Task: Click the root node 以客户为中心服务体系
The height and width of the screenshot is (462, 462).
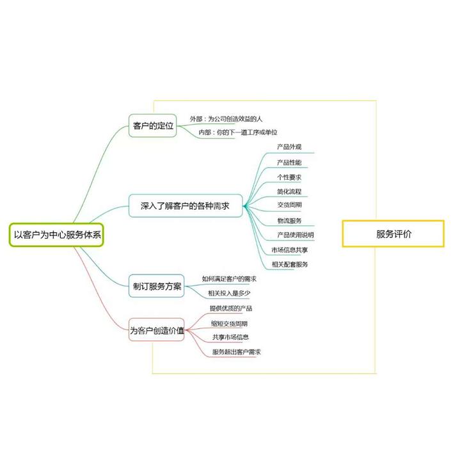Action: click(58, 235)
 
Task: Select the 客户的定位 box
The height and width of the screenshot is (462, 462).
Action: click(153, 125)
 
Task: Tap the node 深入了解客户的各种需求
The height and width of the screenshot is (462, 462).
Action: click(185, 206)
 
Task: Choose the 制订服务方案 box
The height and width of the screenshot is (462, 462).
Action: click(156, 286)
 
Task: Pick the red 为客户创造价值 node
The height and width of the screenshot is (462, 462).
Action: click(157, 330)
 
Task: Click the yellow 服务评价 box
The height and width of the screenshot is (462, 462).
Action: click(393, 234)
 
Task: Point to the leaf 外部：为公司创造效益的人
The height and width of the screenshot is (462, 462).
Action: click(226, 119)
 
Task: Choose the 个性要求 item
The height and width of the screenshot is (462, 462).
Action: click(289, 177)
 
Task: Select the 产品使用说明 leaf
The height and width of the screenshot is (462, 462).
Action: click(295, 235)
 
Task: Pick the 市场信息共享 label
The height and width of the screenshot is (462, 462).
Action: click(289, 250)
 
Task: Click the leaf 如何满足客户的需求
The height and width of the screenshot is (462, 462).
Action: click(229, 279)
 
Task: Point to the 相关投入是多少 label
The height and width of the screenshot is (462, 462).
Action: click(229, 294)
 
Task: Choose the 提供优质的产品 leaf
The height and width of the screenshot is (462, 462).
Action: click(230, 308)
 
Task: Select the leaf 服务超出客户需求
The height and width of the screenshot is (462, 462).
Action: click(237, 352)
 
